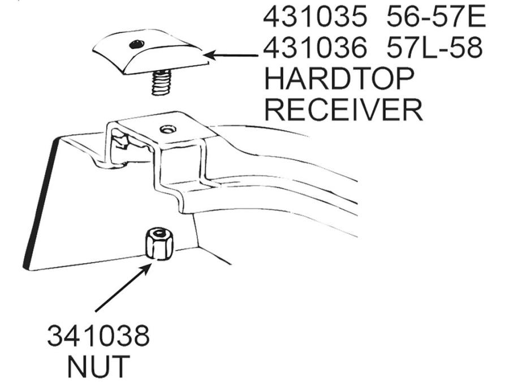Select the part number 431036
tap(314, 48)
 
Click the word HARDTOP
tap(339, 79)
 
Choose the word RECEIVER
tap(344, 110)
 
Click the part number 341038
tap(98, 336)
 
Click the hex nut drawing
tap(159, 243)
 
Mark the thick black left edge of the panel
tap(41, 204)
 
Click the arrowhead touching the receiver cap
tap(212, 55)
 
